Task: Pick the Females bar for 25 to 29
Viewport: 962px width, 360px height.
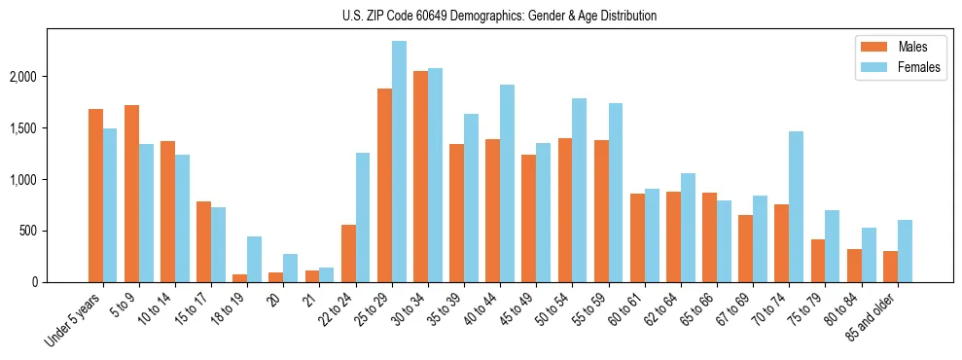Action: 399,162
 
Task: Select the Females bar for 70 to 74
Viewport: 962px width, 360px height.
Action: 796,206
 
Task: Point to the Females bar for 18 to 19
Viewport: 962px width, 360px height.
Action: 254,259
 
